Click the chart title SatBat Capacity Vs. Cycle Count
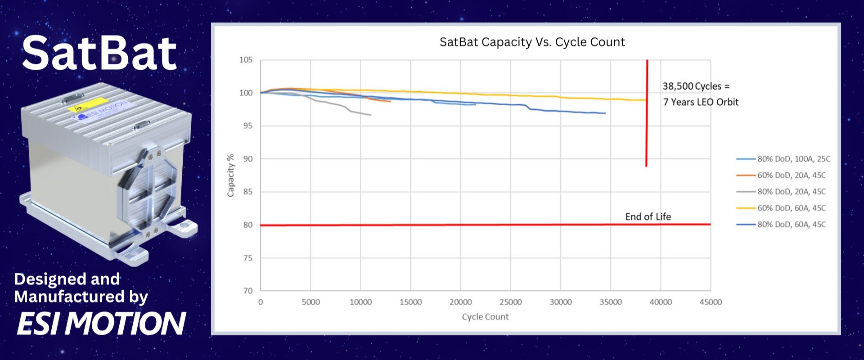pyautogui.click(x=532, y=42)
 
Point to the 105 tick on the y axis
pyautogui.click(x=246, y=60)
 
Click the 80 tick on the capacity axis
pyautogui.click(x=248, y=225)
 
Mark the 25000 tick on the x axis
pyautogui.click(x=510, y=302)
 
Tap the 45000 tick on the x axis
pyautogui.click(x=711, y=302)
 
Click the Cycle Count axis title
pyautogui.click(x=485, y=317)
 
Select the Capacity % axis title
pyautogui.click(x=231, y=175)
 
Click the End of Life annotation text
pyautogui.click(x=648, y=217)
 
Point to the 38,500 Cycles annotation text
pyautogui.click(x=696, y=86)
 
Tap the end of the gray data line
pyautogui.click(x=370, y=115)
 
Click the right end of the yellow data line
pyautogui.click(x=645, y=100)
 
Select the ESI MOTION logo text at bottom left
pyautogui.click(x=101, y=324)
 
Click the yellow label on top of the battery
pyautogui.click(x=88, y=105)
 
